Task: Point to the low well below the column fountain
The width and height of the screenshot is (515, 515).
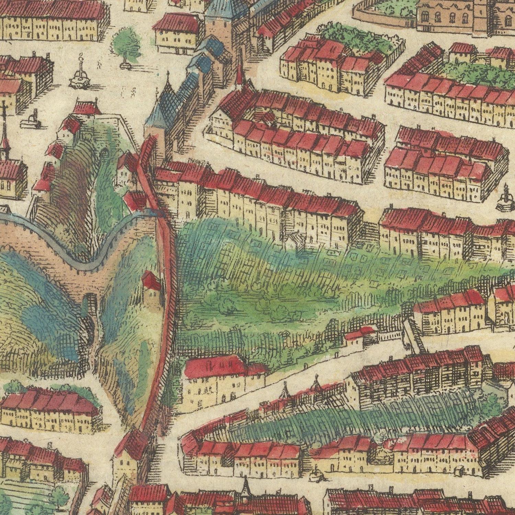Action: point(32,120)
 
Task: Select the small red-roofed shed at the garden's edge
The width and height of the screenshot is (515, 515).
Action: point(359,335)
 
